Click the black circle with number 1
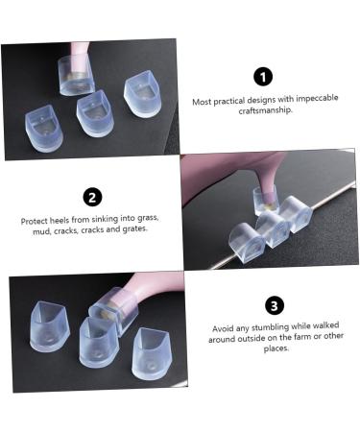coord(264,77)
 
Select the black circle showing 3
coord(275,305)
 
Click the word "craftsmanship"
coord(264,110)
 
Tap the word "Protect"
coord(36,220)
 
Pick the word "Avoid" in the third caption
coord(223,328)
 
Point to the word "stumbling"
coord(263,328)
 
